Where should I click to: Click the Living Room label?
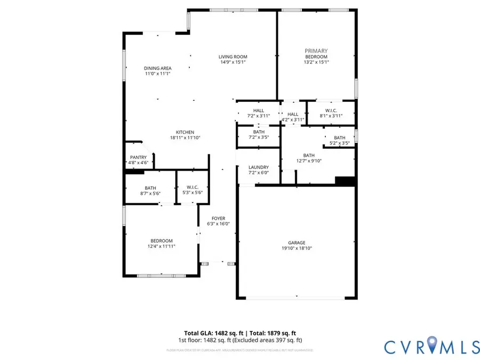[233, 57]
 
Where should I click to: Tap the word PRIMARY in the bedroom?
[316, 51]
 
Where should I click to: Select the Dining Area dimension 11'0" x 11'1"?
[158, 74]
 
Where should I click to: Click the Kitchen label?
[185, 132]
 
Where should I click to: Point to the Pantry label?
[133, 157]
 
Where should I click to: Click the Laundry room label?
[258, 167]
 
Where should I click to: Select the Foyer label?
[218, 219]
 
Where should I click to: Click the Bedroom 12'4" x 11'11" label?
[161, 241]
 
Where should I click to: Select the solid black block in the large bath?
[345, 182]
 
